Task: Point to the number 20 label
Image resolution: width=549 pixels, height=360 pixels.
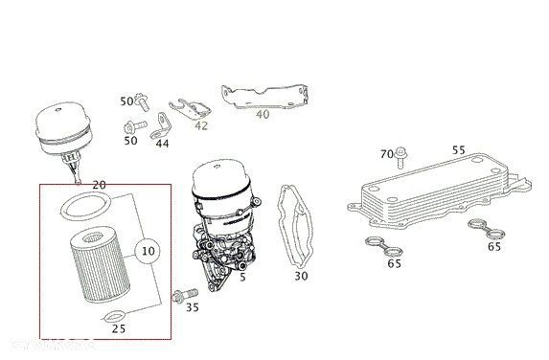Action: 99,184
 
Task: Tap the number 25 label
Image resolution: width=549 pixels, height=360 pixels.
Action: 120,328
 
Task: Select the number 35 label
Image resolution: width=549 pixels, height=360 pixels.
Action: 193,306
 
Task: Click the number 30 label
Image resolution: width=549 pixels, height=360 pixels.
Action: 301,277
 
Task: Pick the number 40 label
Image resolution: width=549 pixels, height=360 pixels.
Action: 263,115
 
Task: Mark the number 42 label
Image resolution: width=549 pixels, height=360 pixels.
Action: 200,125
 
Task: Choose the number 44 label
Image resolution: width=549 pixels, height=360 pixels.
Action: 162,143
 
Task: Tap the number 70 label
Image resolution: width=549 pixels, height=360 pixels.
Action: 386,153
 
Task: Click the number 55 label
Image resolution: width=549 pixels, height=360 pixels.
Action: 458,150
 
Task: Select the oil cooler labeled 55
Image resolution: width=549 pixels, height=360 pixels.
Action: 431,196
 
